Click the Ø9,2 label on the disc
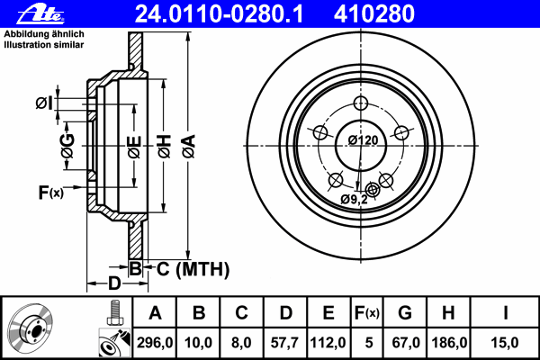point(355,199)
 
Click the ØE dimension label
point(133,143)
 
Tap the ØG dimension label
point(67,143)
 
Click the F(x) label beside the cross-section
point(50,192)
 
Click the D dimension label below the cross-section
point(113,284)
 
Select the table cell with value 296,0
point(155,343)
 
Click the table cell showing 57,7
point(284,343)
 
